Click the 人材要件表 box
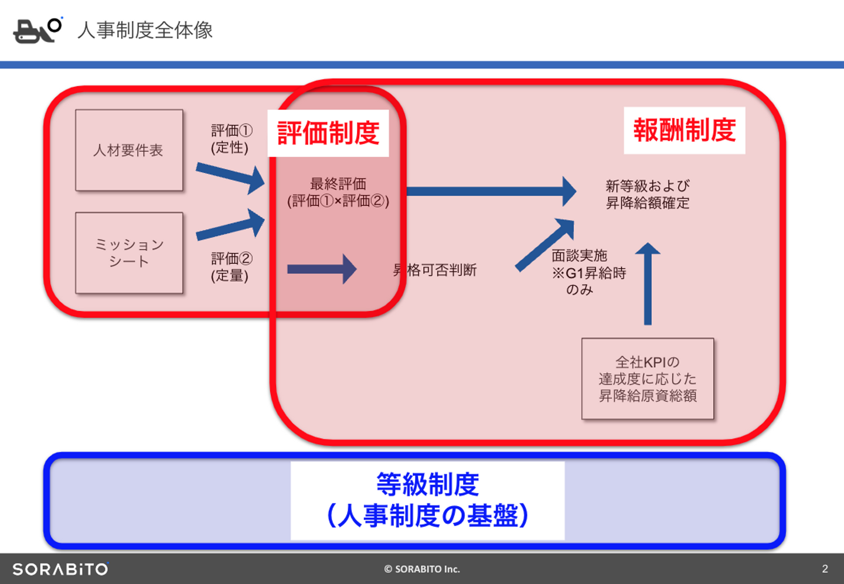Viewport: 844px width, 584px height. click(129, 151)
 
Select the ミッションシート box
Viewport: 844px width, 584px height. click(129, 253)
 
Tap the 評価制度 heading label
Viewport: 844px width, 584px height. click(328, 134)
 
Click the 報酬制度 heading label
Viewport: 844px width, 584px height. click(684, 131)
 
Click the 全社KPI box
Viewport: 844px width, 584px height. click(648, 379)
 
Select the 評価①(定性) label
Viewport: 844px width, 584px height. click(231, 139)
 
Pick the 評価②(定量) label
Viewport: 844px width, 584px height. click(231, 267)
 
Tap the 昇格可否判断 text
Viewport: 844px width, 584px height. click(435, 270)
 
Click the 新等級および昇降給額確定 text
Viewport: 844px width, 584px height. click(648, 194)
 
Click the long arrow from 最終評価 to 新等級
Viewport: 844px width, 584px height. click(490, 192)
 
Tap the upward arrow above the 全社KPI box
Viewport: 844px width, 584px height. click(648, 284)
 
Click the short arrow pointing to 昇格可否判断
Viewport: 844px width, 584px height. click(322, 269)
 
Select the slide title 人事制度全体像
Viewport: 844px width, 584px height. click(145, 30)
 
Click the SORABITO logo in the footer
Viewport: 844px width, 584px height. click(60, 569)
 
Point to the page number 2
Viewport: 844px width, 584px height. click(825, 569)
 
